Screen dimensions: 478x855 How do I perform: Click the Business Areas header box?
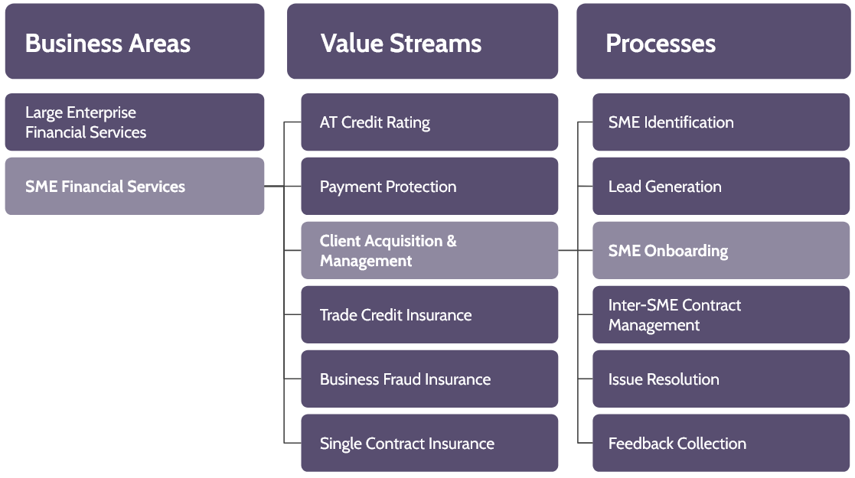coord(135,42)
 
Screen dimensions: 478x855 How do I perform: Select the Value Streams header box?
coord(423,42)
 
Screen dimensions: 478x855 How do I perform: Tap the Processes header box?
coord(713,42)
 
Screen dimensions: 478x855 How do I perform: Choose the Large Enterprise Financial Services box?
coord(135,122)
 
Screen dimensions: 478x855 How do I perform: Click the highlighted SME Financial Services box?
coord(135,187)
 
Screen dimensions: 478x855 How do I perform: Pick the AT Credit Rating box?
coord(429,122)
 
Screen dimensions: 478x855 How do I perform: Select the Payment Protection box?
coord(429,187)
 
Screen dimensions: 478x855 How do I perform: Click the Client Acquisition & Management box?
coord(429,251)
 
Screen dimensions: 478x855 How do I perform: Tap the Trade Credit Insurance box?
coord(429,315)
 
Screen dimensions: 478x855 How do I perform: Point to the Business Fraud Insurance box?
coord(429,379)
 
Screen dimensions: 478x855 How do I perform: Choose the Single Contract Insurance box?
coord(429,444)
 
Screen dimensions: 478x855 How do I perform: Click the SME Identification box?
coord(721,122)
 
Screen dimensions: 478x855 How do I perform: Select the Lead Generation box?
coord(721,187)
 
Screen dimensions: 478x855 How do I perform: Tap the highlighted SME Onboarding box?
coord(721,251)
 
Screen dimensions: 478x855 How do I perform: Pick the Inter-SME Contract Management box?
coord(721,315)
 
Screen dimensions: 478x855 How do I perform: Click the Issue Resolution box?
coord(721,379)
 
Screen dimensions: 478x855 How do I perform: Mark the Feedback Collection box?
coord(721,444)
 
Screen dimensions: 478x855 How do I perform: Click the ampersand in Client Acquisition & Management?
coord(451,242)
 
